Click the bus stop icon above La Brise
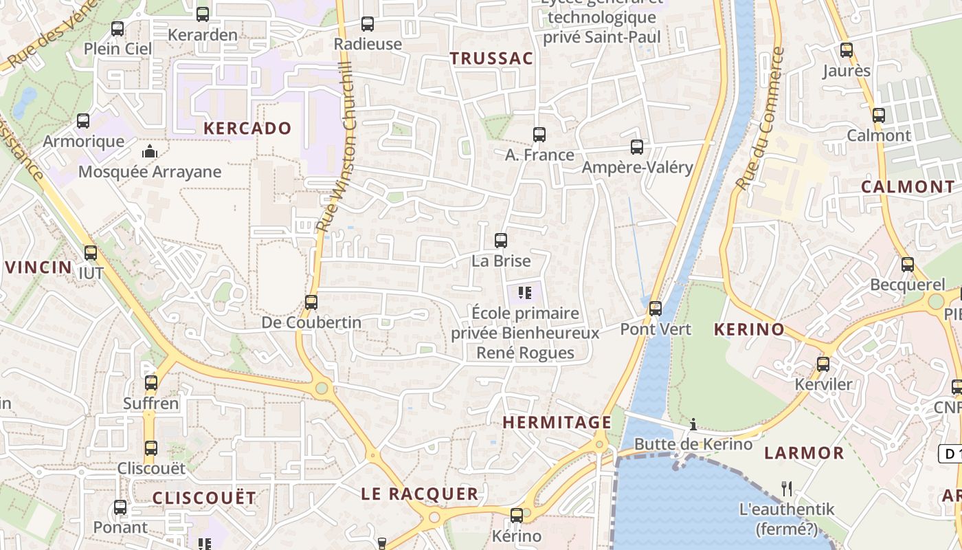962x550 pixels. (501, 241)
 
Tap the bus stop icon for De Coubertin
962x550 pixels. (311, 302)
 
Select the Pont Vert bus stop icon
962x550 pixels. (656, 308)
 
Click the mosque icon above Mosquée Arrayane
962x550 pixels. (149, 151)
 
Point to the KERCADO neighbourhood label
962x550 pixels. (247, 129)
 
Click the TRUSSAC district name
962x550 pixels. (491, 58)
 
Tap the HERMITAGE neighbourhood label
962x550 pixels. (557, 422)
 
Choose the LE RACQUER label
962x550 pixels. (420, 494)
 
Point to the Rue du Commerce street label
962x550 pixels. (759, 118)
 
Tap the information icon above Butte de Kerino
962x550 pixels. (693, 424)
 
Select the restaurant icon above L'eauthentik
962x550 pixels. (787, 489)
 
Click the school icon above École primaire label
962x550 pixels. (525, 294)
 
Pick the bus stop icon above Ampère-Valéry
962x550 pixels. (637, 146)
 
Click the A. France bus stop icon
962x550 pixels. (539, 134)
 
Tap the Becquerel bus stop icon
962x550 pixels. (908, 264)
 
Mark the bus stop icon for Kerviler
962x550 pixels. (823, 364)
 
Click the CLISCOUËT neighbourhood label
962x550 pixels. (204, 498)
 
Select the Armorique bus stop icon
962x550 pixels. (83, 121)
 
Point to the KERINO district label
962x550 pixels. (749, 329)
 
